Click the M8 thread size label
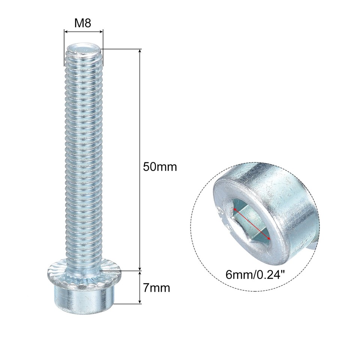tap(84, 23)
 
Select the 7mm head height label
tap(156, 288)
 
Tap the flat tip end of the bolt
tap(84, 48)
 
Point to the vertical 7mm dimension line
tap(140, 287)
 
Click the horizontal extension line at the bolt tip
tap(120, 49)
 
